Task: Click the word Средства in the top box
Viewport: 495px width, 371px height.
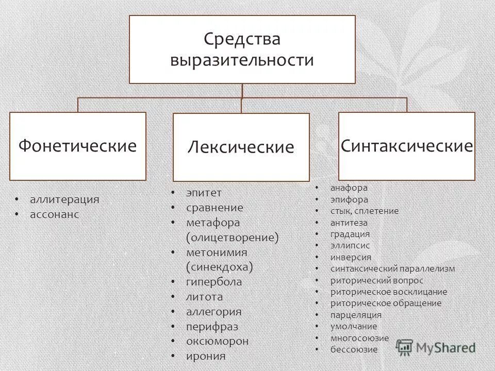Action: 242,39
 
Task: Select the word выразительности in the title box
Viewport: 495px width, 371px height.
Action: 242,60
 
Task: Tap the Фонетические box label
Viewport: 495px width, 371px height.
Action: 78,146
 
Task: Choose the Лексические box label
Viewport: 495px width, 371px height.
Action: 241,148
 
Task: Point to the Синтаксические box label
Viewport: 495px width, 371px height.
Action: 406,146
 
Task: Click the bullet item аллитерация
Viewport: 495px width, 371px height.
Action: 64,199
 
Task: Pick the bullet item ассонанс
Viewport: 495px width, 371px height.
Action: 55,214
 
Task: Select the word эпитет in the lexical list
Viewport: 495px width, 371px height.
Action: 204,192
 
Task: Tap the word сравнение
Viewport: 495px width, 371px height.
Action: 214,208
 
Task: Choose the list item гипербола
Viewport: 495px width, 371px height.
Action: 214,282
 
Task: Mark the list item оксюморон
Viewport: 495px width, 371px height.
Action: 217,341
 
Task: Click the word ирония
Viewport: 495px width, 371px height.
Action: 206,356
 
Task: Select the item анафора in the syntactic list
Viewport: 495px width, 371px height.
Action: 349,188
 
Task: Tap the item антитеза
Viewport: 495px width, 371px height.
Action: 349,223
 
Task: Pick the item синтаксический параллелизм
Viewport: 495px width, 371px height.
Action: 393,269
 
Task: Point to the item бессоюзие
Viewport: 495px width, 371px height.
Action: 354,349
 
